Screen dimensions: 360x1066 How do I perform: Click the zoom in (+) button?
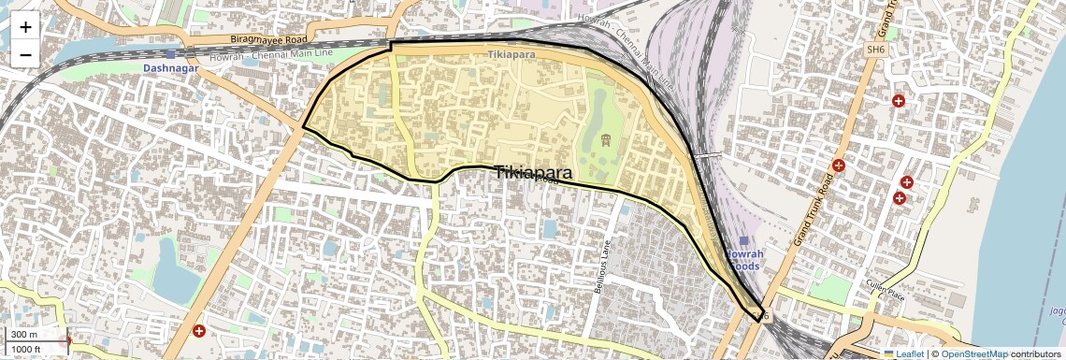click(25, 27)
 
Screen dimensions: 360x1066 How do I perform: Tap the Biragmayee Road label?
click(268, 40)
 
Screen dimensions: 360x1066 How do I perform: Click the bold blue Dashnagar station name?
click(174, 69)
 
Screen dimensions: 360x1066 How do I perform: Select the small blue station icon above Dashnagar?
click(170, 55)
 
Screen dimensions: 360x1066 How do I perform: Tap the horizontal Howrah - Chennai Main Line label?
click(272, 55)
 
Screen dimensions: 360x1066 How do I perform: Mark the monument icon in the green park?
click(606, 141)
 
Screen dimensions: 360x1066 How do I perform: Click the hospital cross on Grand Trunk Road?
click(839, 165)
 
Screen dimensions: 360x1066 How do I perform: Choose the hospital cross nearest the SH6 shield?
click(899, 101)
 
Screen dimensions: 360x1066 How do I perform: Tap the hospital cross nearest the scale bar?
click(198, 331)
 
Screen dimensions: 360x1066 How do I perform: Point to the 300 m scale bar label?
click(25, 335)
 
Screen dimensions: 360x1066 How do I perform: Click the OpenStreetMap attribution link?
click(974, 353)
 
